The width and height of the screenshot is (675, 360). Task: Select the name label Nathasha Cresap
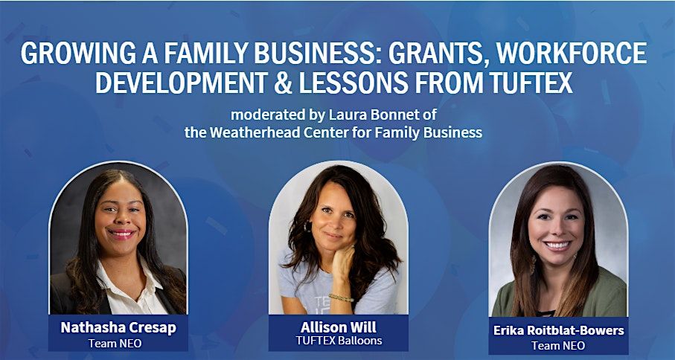click(118, 328)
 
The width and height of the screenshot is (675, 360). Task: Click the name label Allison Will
click(339, 327)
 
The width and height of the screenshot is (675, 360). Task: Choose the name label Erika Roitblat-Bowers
click(558, 330)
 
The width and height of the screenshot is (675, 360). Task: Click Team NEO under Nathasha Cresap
click(115, 343)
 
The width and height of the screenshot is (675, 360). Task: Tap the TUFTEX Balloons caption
click(339, 341)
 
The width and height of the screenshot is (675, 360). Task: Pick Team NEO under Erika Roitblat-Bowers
click(558, 345)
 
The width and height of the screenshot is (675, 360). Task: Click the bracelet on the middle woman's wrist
click(341, 298)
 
